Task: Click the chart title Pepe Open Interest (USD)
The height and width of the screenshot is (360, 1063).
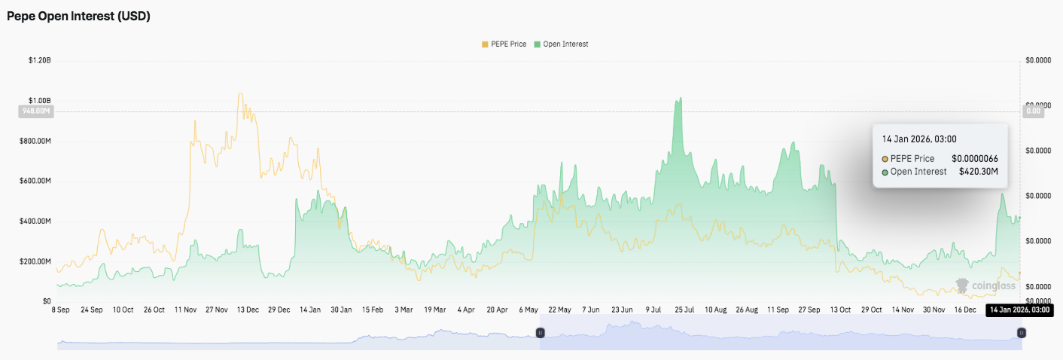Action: pos(79,16)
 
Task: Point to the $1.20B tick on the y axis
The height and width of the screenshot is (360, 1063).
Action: pos(39,60)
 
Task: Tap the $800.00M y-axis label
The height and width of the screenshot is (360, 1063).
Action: pos(37,141)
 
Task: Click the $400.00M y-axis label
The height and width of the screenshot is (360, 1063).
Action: pos(37,221)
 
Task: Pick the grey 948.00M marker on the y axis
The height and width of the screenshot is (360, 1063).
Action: pos(35,111)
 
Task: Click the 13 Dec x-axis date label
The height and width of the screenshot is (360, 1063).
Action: pos(248,310)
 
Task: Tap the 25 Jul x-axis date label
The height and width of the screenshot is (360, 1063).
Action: pos(684,310)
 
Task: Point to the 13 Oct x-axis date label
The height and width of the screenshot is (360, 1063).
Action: pos(840,310)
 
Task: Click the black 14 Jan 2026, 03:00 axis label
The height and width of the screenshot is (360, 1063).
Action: pos(1019,310)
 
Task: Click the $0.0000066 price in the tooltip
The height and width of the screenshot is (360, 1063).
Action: pos(975,159)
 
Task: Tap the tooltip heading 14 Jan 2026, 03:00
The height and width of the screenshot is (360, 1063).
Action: pos(919,139)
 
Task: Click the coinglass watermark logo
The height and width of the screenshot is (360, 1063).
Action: pos(986,285)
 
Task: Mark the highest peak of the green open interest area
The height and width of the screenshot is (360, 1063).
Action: pos(681,98)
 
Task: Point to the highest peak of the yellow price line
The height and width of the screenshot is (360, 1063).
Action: pos(240,94)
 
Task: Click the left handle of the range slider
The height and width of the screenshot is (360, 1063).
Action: pos(540,332)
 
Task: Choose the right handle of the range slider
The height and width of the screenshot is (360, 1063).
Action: pos(1021,332)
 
